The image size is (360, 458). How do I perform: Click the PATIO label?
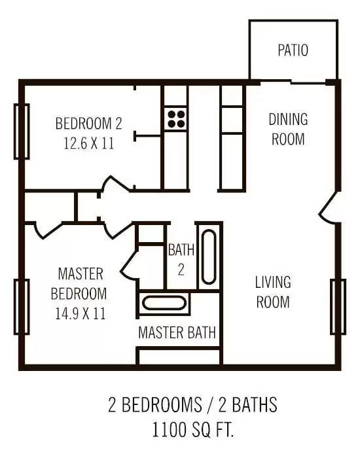[x=293, y=50]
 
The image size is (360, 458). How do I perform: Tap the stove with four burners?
[x=176, y=119]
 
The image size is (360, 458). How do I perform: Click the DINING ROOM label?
[x=288, y=129]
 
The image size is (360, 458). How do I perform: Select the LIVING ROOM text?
[x=273, y=292]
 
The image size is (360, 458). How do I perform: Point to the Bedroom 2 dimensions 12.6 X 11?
[x=89, y=144]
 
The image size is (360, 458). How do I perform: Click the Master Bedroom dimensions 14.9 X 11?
[x=81, y=314]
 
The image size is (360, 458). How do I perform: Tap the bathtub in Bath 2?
[x=209, y=257]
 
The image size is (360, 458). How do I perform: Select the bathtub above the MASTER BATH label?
[x=164, y=303]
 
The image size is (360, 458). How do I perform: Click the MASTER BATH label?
[x=177, y=332]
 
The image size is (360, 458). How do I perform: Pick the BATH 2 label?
[x=181, y=260]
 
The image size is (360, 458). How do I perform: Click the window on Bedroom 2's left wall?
[x=22, y=132]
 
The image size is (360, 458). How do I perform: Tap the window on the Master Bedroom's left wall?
[x=22, y=307]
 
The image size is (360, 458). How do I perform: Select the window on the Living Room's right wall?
[x=338, y=307]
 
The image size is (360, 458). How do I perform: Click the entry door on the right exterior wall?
[x=327, y=208]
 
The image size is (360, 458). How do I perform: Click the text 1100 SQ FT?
[x=193, y=429]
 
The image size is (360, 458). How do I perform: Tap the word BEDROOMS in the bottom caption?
[x=162, y=404]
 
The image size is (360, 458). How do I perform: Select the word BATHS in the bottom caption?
[x=255, y=404]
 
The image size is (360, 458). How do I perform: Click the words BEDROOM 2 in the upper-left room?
[x=88, y=123]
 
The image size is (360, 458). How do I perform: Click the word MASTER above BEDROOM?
[x=81, y=273]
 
